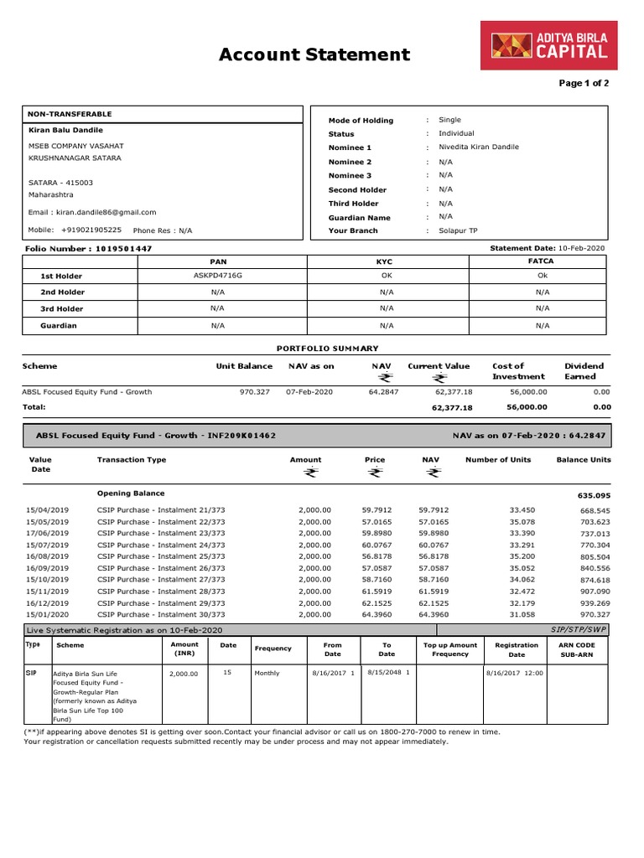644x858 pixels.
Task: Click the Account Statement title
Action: pos(314,55)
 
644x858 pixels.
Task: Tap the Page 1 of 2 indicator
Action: pos(584,84)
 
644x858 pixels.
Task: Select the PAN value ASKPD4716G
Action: pos(217,275)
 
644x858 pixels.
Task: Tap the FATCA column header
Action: pos(542,261)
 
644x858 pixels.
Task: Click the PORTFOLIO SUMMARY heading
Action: pos(327,349)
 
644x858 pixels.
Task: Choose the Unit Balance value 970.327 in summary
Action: pos(254,392)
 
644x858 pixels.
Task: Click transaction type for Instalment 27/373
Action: pos(161,579)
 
